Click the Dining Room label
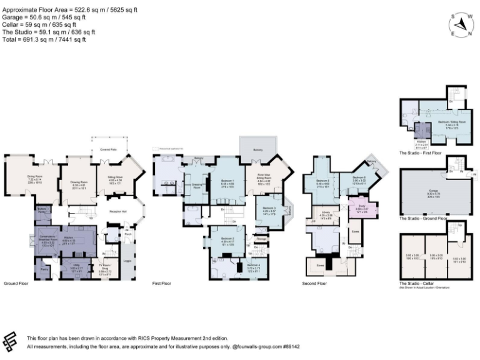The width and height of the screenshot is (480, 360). coord(34,177)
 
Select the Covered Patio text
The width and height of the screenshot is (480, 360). coord(109,150)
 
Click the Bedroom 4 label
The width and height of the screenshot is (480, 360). coord(253,266)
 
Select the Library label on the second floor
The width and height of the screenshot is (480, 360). coord(326,215)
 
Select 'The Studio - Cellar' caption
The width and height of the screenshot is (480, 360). coord(417,282)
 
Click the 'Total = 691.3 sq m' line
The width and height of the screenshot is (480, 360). coord(44,39)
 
